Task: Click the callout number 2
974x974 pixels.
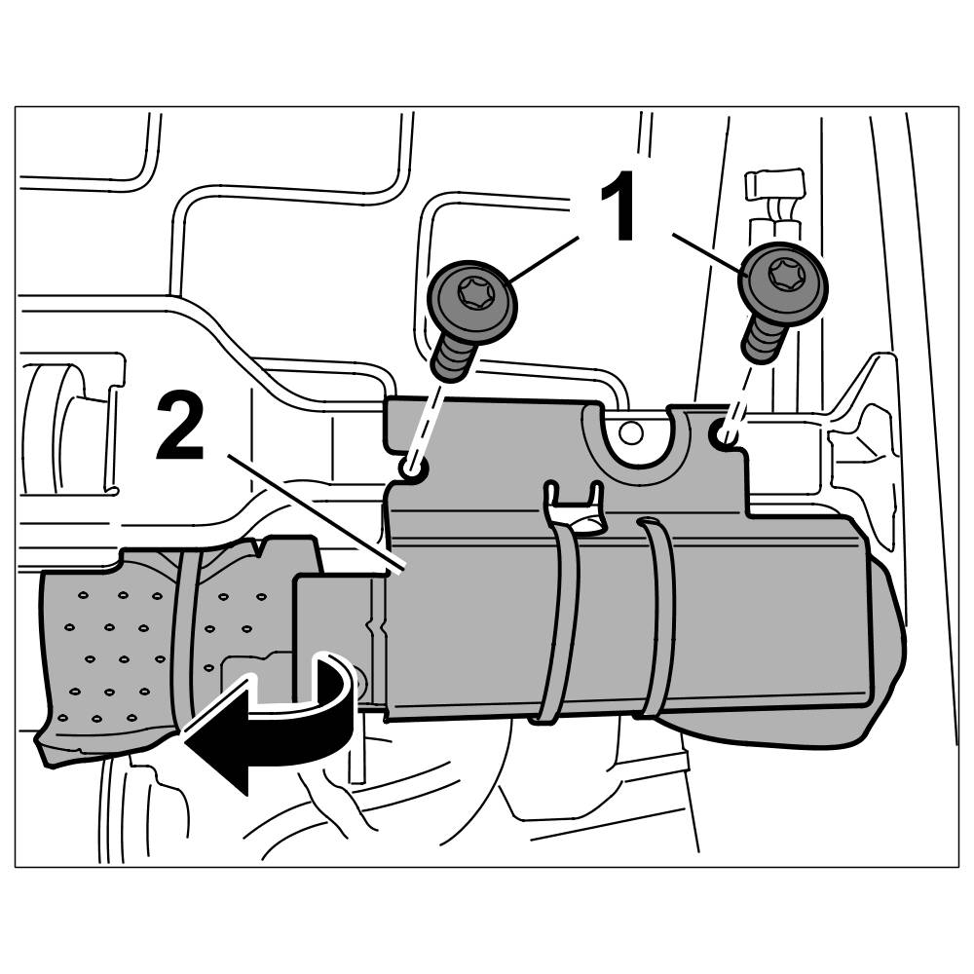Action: coord(181,426)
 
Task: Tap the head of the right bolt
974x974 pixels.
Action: coord(783,277)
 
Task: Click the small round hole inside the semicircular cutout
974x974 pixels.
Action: coord(632,431)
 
